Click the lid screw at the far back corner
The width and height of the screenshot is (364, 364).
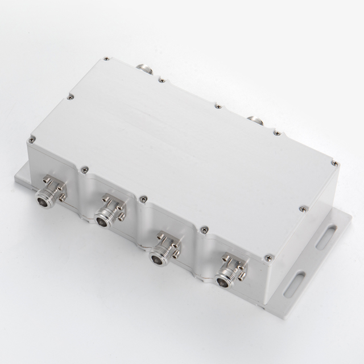(106, 59)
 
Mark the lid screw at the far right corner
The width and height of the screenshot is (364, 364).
(334, 164)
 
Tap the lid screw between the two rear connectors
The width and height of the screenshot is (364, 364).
(218, 105)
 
